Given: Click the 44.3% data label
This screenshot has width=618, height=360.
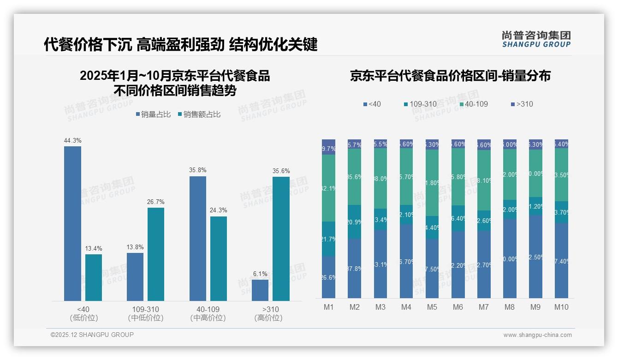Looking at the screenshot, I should (x=72, y=140).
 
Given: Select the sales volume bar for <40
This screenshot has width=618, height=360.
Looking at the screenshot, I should (x=72, y=224).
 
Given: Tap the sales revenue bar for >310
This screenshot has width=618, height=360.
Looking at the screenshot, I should (x=281, y=239).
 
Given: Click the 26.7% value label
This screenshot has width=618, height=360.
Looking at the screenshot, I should (x=156, y=202).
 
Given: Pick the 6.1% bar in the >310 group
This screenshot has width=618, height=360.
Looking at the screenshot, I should (x=260, y=290).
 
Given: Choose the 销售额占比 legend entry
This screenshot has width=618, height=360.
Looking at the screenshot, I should (x=199, y=114).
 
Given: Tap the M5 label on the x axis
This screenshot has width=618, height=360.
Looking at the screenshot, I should (x=432, y=307).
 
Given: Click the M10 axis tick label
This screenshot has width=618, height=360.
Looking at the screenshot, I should (x=561, y=307).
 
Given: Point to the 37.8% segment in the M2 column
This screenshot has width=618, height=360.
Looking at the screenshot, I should (x=354, y=268).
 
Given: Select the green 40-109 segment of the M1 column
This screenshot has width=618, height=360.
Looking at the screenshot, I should (x=328, y=188).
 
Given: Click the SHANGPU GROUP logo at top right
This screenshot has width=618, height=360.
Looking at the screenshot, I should (x=536, y=39).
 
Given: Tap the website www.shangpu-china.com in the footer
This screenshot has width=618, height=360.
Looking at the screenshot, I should (x=537, y=335).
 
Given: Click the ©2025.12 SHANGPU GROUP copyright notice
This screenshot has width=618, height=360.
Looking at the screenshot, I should (x=92, y=335).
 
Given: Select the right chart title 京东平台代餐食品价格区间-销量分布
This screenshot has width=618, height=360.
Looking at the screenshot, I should (x=450, y=76).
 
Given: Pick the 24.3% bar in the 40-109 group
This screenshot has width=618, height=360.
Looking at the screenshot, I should (x=219, y=258).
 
